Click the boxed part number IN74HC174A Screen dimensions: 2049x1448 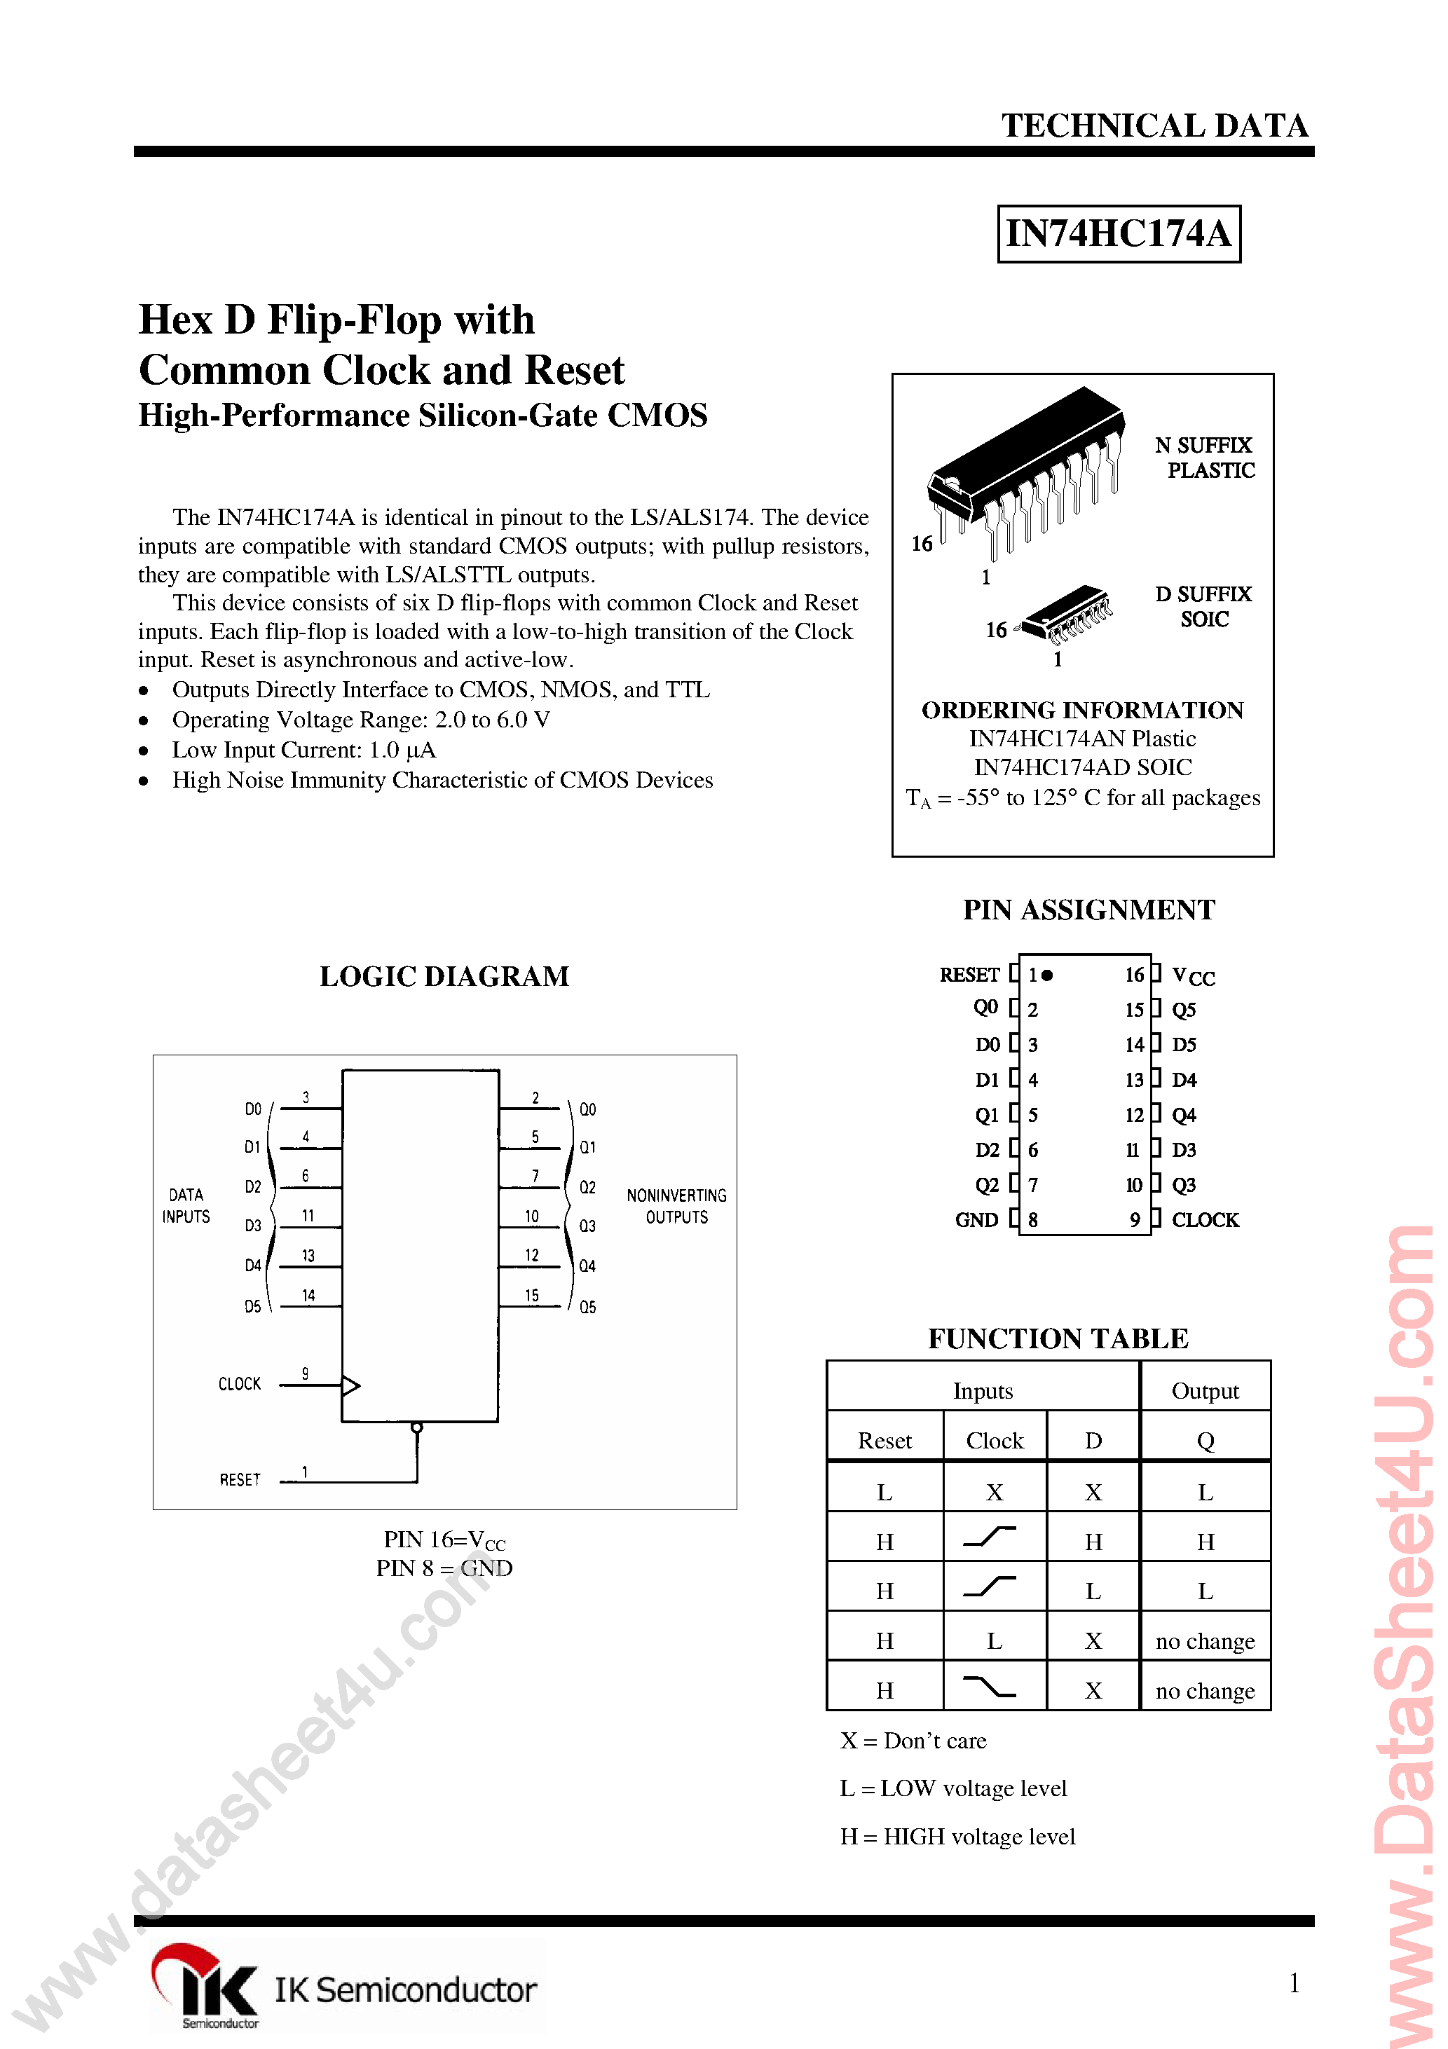click(x=1118, y=234)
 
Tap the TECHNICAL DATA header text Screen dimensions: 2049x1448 click(x=1154, y=126)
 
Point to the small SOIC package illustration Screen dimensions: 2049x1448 click(x=1067, y=614)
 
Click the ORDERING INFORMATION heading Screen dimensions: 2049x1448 click(x=1082, y=711)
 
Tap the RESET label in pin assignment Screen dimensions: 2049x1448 click(x=969, y=975)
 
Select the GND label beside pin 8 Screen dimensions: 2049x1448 click(x=976, y=1220)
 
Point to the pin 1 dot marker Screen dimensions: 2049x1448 click(x=1047, y=975)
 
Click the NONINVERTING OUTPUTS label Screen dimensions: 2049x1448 click(x=676, y=1206)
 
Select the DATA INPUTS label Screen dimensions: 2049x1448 click(x=186, y=1206)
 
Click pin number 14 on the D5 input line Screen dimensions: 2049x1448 click(x=308, y=1295)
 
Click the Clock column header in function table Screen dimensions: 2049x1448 click(x=994, y=1440)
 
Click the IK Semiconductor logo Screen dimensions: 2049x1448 click(x=343, y=1988)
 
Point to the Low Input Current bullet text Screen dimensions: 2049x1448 click(x=303, y=750)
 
